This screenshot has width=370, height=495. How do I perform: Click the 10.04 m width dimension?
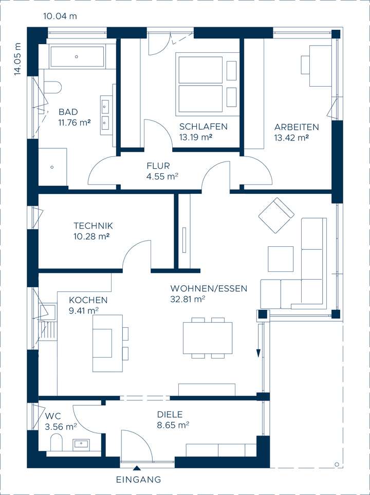point(60,16)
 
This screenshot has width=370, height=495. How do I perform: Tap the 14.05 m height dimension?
point(17,60)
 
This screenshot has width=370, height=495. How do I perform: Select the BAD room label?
point(68,112)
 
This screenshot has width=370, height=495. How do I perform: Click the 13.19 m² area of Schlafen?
point(196,137)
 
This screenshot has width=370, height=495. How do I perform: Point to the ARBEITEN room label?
point(297,127)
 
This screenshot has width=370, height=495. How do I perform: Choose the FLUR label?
point(158,166)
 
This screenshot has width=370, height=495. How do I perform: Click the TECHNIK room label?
point(93,226)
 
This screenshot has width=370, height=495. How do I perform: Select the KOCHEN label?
point(88,300)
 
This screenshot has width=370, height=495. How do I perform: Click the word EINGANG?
point(138,480)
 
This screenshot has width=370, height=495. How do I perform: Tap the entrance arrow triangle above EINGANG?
point(137,467)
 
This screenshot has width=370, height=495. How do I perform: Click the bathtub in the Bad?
point(77,57)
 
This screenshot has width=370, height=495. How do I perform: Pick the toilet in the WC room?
point(56,442)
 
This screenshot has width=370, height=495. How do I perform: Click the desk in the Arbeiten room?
point(320,66)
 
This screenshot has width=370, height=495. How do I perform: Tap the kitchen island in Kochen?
point(107,343)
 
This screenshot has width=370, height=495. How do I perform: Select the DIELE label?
point(170,414)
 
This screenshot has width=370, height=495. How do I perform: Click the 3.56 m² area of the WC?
point(61,426)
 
